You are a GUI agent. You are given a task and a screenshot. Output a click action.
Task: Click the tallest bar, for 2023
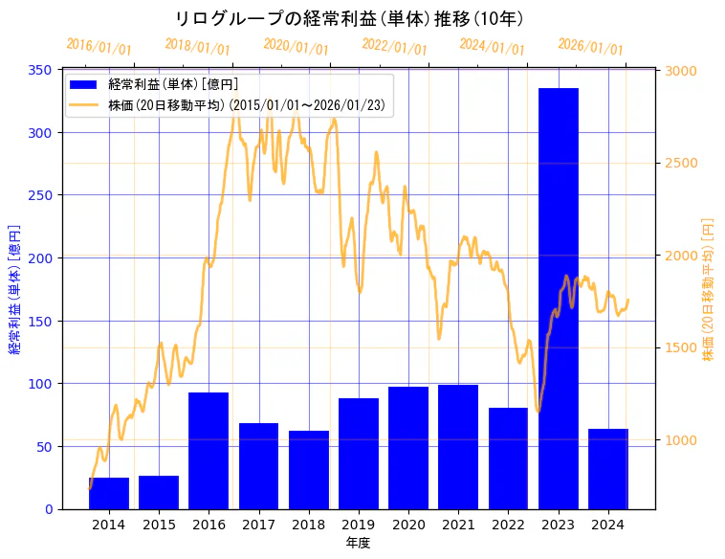tap(559, 297)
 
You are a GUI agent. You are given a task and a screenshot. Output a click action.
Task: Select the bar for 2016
tap(209, 450)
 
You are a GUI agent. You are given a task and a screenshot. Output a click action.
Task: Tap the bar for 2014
tap(108, 493)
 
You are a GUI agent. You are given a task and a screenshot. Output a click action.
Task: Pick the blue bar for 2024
tap(608, 469)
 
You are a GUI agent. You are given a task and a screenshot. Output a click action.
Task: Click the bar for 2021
tap(458, 446)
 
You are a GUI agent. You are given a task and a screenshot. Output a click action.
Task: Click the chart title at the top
tap(349, 18)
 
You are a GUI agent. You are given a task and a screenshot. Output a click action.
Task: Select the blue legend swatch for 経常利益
tap(84, 84)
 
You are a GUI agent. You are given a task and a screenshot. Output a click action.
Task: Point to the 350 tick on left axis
tap(42, 70)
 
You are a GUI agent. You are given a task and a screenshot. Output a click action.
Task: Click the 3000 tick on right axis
tap(681, 71)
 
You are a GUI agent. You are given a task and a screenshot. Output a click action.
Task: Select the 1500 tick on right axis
tap(681, 347)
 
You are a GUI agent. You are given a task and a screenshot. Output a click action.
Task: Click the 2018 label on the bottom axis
tap(308, 525)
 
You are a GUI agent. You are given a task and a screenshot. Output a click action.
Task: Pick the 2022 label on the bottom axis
tap(508, 525)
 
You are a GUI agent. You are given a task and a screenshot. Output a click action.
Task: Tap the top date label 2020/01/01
tap(296, 46)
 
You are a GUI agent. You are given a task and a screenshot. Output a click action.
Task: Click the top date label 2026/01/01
tap(590, 46)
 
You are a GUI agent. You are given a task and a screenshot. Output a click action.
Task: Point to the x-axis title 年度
tap(358, 543)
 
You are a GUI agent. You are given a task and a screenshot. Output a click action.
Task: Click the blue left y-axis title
tap(14, 290)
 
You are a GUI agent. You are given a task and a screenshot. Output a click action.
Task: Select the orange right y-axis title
tap(709, 290)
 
